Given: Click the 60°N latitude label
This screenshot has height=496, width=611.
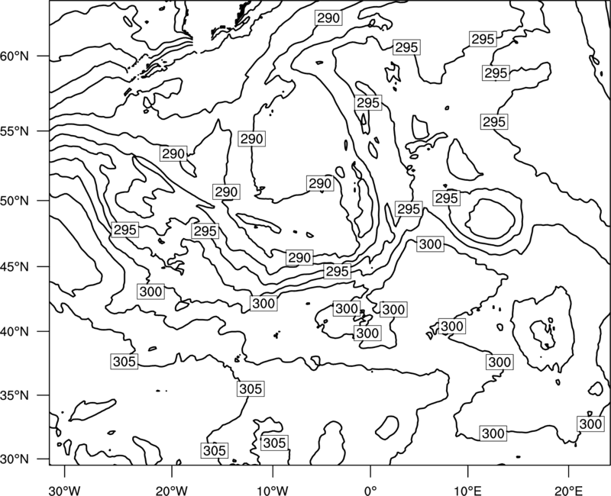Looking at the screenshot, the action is tap(15, 56).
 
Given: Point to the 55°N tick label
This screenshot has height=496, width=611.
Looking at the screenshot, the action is tap(15, 131).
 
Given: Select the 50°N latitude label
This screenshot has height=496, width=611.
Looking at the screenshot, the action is tap(15, 201).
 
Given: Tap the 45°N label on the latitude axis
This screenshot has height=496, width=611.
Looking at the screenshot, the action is tap(15, 266).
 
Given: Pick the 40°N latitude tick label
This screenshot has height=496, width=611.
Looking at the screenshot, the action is tap(15, 332).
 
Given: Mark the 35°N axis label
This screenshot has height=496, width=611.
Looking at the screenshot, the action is tap(15, 395).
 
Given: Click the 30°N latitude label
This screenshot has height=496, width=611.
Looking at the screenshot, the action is tap(15, 459).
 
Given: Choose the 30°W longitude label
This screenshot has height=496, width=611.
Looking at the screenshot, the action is tap(65, 491).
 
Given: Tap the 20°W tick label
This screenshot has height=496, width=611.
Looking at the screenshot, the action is tap(172, 491).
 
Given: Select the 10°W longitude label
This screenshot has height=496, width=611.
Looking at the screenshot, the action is tap(273, 491).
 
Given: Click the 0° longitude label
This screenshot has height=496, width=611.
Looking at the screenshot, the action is tap(370, 491).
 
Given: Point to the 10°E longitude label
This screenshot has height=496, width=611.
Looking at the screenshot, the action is tap(467, 491).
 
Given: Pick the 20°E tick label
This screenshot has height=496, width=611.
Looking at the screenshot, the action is tap(568, 491).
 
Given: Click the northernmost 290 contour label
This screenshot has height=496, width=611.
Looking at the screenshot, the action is tap(328, 18).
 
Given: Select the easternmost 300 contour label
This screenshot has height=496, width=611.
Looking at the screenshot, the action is tap(590, 424).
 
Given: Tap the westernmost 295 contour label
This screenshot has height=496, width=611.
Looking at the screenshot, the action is tap(124, 230).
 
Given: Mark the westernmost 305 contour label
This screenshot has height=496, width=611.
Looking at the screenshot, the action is tap(124, 362).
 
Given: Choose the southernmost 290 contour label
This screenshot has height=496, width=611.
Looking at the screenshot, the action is tap(299, 258).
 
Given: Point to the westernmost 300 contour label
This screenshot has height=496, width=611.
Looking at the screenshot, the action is tap(150, 291).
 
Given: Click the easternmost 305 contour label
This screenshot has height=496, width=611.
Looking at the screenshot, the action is tap(275, 443).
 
